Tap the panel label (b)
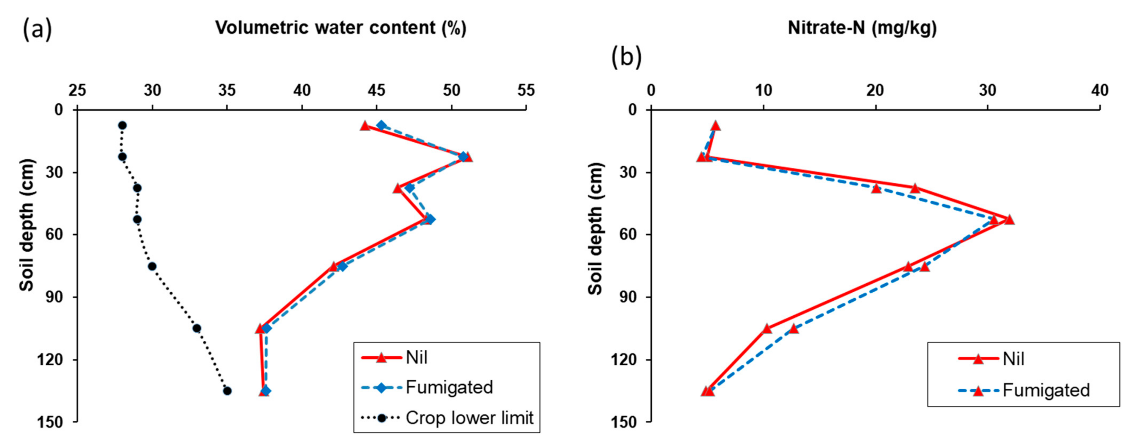click(x=626, y=57)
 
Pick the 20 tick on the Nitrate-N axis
click(x=875, y=91)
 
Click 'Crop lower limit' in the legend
click(x=469, y=418)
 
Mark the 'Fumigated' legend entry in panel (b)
click(x=1046, y=390)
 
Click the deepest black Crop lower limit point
click(x=227, y=391)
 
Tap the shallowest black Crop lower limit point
click(x=122, y=125)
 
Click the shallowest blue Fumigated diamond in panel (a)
click(x=381, y=125)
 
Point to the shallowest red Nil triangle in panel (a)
click(x=364, y=126)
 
